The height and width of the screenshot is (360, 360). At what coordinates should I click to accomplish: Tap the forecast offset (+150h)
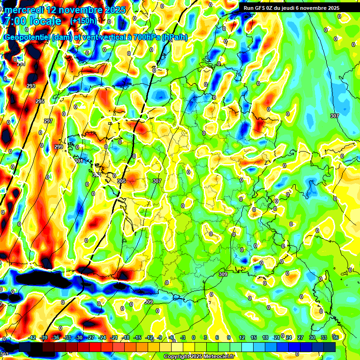click(83, 21)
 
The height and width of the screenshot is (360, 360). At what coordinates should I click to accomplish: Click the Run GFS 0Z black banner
click(291, 8)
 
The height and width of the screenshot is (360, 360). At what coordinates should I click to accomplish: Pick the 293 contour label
click(31, 86)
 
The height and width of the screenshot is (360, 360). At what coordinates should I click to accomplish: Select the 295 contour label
click(40, 101)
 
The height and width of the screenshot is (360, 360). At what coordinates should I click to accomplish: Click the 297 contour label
click(48, 121)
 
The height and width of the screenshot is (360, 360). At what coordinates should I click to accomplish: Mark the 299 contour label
click(58, 147)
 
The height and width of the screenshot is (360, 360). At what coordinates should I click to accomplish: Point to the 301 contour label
click(79, 161)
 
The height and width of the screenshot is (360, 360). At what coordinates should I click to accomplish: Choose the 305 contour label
click(121, 181)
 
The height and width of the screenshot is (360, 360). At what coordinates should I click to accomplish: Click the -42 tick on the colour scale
click(32, 337)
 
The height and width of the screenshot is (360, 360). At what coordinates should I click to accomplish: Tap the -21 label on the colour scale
click(114, 337)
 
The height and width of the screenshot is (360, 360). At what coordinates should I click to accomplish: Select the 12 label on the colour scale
click(242, 337)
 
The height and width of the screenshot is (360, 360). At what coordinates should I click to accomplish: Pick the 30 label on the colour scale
click(312, 337)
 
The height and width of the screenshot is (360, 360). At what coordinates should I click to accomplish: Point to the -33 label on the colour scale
click(67, 337)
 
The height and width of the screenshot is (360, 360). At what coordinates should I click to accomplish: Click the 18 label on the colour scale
click(265, 337)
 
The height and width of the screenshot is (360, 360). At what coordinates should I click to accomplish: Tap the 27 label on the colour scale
click(300, 337)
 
